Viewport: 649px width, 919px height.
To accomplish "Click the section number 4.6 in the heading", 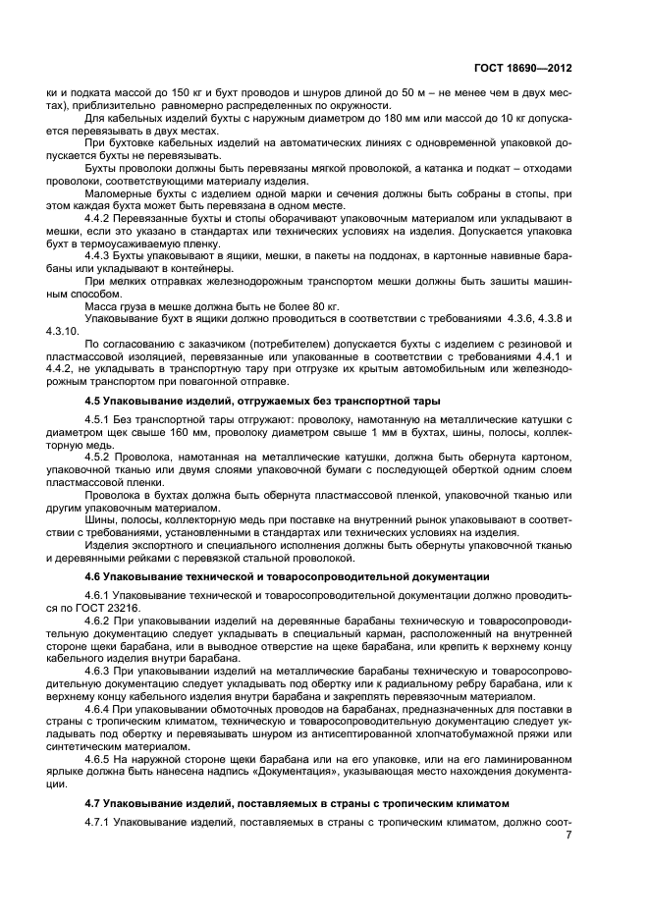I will (96, 575).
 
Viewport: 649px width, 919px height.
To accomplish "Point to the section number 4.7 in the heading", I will (96, 802).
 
